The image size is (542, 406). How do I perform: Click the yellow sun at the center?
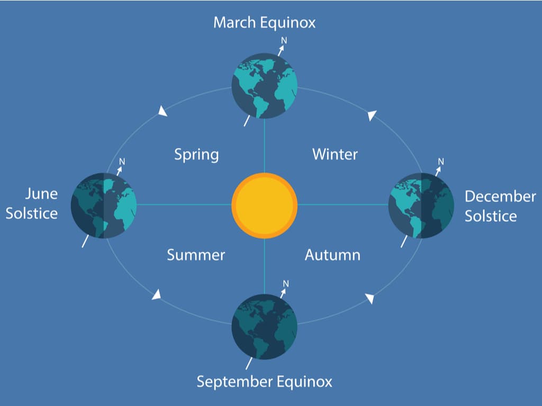pyautogui.click(x=264, y=205)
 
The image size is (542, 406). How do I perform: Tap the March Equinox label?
pyautogui.click(x=264, y=23)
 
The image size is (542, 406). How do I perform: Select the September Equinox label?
pyautogui.click(x=264, y=381)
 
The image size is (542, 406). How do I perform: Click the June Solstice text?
pyautogui.click(x=32, y=204)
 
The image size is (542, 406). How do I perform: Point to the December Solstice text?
pyautogui.click(x=500, y=206)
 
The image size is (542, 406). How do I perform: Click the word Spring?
pyautogui.click(x=196, y=155)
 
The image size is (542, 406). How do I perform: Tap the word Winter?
pyautogui.click(x=335, y=154)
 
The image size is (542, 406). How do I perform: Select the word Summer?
pyautogui.click(x=196, y=255)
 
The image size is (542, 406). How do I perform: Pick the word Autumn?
pyautogui.click(x=332, y=255)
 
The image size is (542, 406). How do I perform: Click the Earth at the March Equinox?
pyautogui.click(x=264, y=86)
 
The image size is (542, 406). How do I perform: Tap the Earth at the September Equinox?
pyautogui.click(x=264, y=326)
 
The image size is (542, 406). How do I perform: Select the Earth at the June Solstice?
pyautogui.click(x=104, y=205)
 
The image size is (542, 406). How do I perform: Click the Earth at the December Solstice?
pyautogui.click(x=421, y=205)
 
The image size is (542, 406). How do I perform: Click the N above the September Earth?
pyautogui.click(x=286, y=284)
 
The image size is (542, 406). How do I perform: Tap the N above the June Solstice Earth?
pyautogui.click(x=122, y=162)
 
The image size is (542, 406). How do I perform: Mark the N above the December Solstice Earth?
pyautogui.click(x=441, y=162)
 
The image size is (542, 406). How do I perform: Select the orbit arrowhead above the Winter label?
pyautogui.click(x=373, y=115)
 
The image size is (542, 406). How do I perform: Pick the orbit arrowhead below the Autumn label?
pyautogui.click(x=370, y=299)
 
